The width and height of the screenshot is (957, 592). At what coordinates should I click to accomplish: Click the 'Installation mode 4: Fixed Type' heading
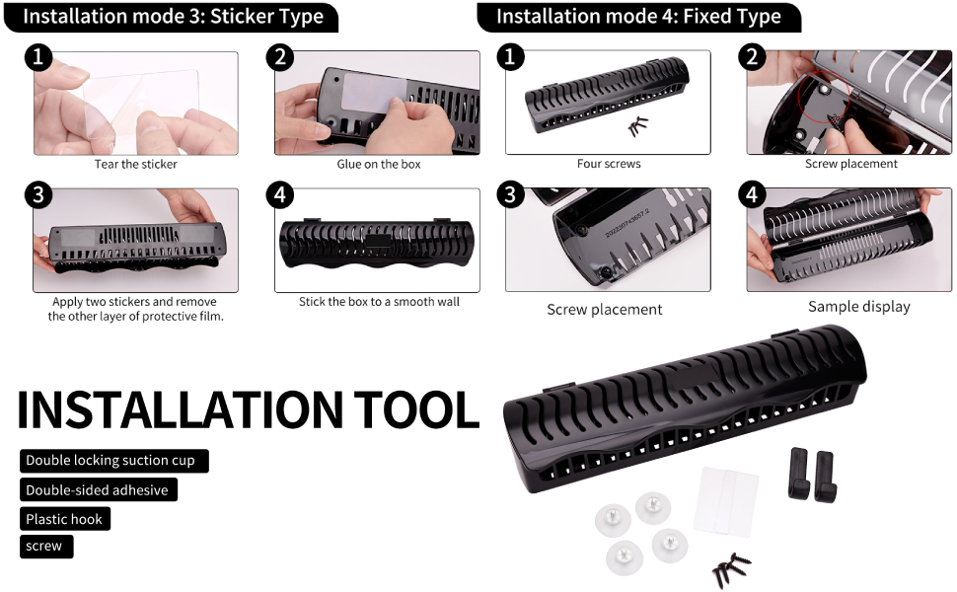tap(638, 17)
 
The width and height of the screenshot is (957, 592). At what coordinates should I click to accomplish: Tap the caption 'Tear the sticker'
tap(136, 164)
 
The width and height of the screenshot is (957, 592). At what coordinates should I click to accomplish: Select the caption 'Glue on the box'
tap(379, 164)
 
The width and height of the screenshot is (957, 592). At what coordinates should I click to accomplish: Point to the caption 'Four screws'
tap(609, 164)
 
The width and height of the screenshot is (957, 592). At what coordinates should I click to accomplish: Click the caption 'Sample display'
tap(858, 307)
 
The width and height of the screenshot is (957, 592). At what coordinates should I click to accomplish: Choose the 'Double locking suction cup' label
tap(110, 461)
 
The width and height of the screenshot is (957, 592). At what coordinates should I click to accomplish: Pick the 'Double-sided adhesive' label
tap(97, 490)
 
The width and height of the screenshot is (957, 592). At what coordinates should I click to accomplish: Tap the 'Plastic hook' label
tap(64, 519)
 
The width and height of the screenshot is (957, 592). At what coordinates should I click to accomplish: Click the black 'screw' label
tap(44, 547)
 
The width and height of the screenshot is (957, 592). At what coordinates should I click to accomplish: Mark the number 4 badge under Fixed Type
tap(753, 194)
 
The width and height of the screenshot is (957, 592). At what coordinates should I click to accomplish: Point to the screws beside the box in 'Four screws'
tap(639, 126)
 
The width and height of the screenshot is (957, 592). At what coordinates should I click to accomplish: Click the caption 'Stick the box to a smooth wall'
tap(379, 302)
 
